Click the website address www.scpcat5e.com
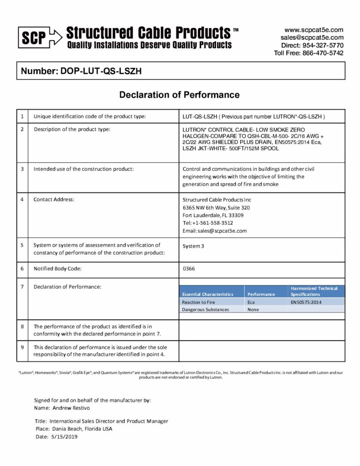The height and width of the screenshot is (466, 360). tap(314, 30)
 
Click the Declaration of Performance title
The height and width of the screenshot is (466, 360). tap(179, 95)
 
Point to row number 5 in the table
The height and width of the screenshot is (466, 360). tap(22, 245)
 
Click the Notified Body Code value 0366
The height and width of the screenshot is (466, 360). tap(188, 269)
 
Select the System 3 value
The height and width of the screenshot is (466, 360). tap(191, 246)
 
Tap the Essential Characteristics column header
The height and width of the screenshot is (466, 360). tap(208, 294)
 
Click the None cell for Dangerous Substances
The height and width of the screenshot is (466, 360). tap(253, 309)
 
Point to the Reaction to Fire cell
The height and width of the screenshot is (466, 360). tap(198, 302)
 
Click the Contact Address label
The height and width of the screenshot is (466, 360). tap(54, 200)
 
